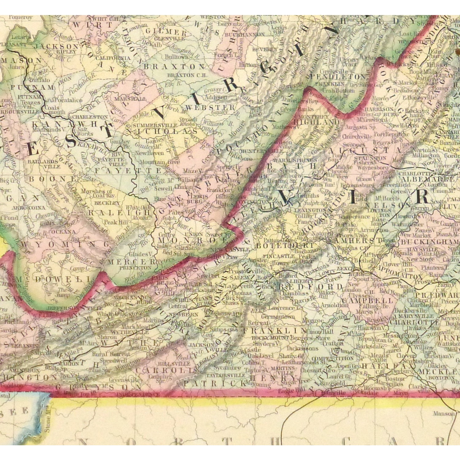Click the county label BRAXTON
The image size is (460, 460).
click(174, 67)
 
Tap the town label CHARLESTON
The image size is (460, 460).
click(90, 117)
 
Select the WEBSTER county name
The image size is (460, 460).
click(210, 108)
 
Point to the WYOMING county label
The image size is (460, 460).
click(66, 244)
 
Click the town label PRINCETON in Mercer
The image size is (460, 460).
click(135, 267)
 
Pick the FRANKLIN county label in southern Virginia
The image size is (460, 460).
click(274, 331)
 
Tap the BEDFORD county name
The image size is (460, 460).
click(310, 287)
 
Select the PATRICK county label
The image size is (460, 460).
click(215, 383)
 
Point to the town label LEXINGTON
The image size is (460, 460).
click(310, 210)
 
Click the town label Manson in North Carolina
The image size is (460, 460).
click(443, 413)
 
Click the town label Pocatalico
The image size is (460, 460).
click(68, 100)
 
